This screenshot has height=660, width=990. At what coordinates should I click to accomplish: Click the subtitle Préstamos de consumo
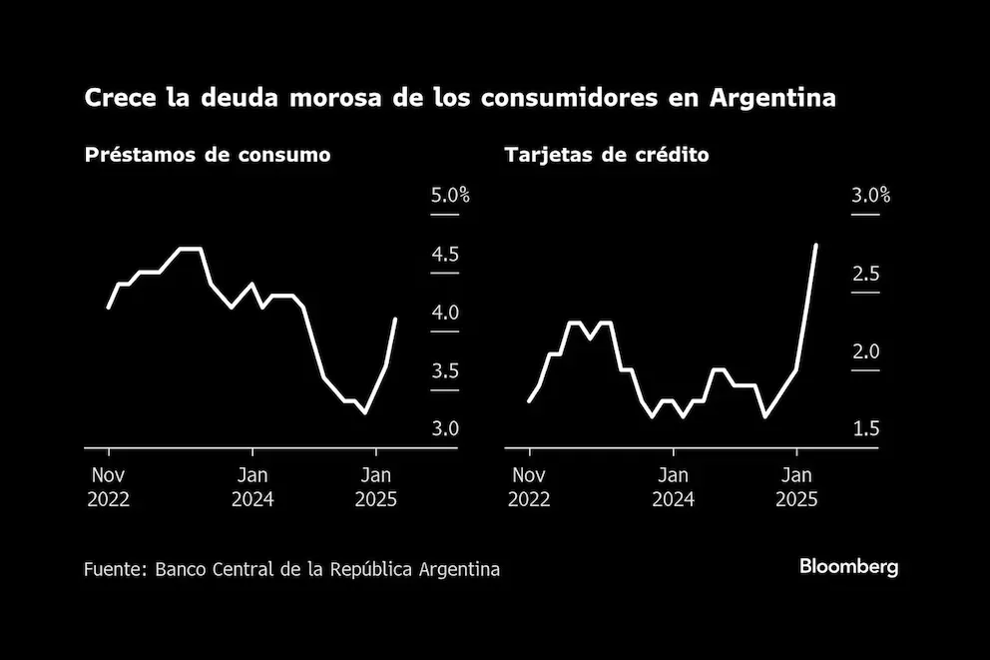(208, 156)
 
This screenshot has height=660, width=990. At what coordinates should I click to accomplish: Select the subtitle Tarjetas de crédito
(607, 156)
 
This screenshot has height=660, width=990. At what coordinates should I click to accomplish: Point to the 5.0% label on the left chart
(450, 196)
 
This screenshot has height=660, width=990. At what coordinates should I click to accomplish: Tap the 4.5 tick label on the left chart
(445, 255)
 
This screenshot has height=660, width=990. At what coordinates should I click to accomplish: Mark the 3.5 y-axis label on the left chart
(445, 371)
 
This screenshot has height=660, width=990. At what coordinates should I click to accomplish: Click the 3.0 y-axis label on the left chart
(445, 429)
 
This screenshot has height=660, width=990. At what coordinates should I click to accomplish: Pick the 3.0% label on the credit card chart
(870, 196)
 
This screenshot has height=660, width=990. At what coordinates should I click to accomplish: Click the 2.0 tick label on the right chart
(865, 351)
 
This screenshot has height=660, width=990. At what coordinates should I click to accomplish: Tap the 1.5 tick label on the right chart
(865, 429)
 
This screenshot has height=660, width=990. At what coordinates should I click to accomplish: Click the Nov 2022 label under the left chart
(108, 486)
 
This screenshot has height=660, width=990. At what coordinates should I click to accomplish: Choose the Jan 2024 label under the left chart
(252, 486)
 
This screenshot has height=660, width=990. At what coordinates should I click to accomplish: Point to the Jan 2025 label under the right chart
(796, 486)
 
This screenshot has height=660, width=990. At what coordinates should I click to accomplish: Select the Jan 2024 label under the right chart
(674, 486)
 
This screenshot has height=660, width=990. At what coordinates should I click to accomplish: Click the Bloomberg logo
(848, 567)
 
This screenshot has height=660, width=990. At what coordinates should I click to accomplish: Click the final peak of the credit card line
(817, 245)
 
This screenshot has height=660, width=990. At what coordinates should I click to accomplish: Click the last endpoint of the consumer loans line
(397, 320)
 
